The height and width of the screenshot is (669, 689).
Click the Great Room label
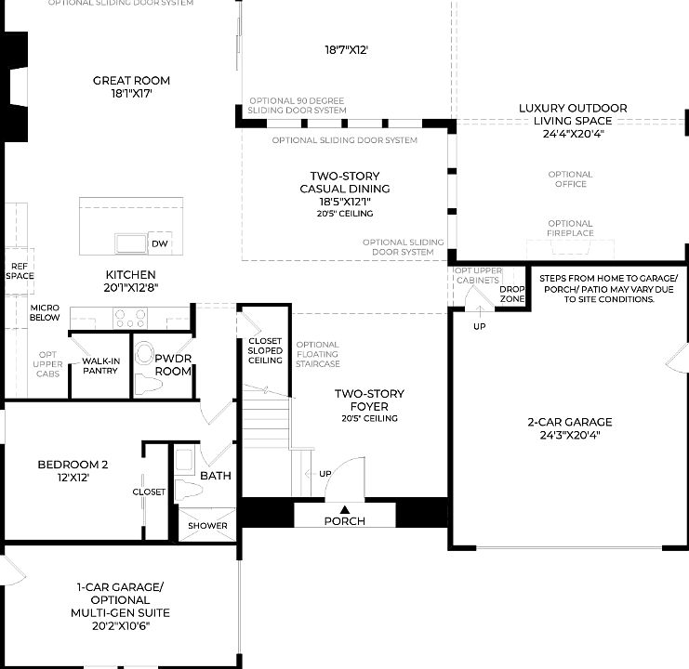click(x=131, y=81)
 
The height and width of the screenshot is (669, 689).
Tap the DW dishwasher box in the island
click(x=160, y=243)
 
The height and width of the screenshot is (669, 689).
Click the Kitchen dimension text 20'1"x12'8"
click(x=131, y=288)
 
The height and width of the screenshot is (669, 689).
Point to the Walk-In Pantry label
click(x=99, y=365)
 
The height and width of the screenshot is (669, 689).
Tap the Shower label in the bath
click(x=207, y=526)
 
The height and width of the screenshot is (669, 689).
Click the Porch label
click(x=344, y=521)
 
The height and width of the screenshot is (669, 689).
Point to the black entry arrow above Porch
click(x=345, y=508)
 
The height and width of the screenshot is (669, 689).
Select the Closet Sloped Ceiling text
click(x=264, y=350)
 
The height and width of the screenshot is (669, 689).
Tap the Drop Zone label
click(x=511, y=293)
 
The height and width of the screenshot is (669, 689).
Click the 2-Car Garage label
click(x=570, y=422)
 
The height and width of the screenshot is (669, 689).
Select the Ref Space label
click(x=20, y=270)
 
